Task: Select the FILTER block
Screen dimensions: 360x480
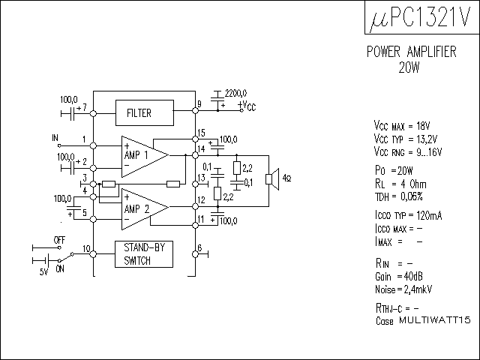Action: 139,113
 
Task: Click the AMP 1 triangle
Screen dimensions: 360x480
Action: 142,154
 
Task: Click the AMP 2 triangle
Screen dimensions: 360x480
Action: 142,206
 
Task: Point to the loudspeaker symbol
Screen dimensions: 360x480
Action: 274,179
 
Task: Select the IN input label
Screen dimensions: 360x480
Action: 55,138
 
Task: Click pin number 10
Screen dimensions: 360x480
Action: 86,248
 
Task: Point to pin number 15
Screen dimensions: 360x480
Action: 201,133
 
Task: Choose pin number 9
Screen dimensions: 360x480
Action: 199,103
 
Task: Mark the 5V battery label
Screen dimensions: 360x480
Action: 43,271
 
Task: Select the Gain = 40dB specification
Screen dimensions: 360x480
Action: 399,275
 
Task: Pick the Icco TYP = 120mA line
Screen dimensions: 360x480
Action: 407,215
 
